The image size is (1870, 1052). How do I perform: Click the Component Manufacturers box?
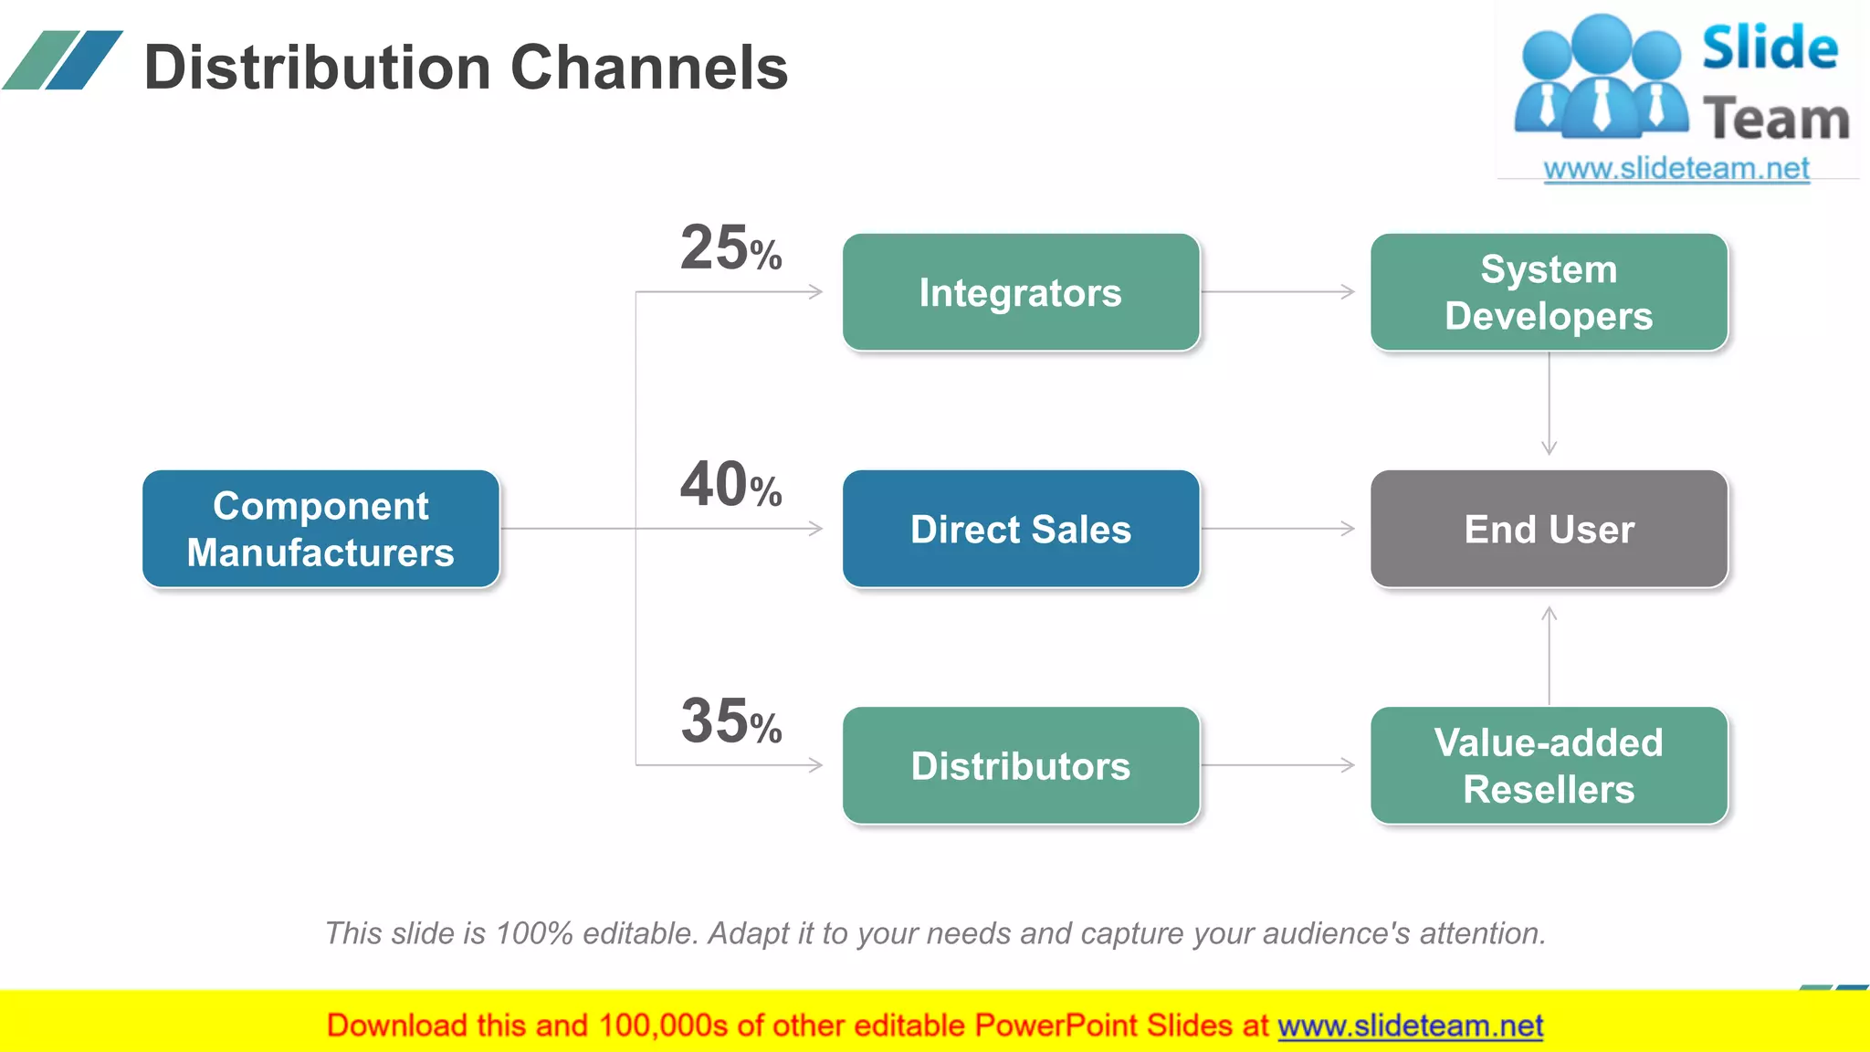(320, 529)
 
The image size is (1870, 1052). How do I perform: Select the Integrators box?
(1020, 292)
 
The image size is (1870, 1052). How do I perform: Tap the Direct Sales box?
(1020, 529)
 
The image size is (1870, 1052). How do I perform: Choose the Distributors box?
(1020, 765)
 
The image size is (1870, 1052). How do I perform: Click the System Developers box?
(1549, 292)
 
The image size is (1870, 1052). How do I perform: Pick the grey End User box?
(1549, 529)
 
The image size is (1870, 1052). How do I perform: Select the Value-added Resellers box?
(1549, 765)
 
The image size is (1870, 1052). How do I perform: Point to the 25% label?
(730, 248)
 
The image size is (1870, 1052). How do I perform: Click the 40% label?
(730, 485)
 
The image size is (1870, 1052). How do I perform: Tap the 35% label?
(730, 721)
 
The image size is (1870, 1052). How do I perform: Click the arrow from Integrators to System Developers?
(1278, 292)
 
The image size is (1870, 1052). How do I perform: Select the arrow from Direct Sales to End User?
(1278, 529)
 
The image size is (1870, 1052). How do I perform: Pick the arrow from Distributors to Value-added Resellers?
(1278, 765)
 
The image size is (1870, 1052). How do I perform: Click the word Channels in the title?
(648, 68)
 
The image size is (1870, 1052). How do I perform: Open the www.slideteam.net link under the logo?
(1676, 169)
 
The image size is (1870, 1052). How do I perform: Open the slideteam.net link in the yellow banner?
(1410, 1026)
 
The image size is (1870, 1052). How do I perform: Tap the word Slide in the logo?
(1770, 48)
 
